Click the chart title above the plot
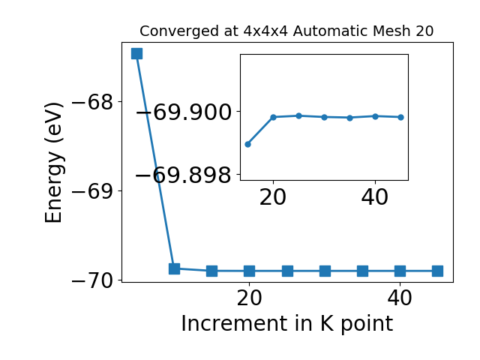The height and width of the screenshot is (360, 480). tap(286, 31)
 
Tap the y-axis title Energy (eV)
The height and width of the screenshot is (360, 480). tap(54, 163)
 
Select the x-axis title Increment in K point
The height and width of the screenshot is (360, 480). tap(287, 324)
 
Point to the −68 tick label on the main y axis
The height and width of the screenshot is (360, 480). tap(92, 102)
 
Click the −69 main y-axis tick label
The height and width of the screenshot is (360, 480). tap(92, 191)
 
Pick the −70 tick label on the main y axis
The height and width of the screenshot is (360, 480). tap(92, 280)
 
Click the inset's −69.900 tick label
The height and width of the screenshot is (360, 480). tap(183, 112)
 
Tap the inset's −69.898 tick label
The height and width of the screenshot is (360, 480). tap(183, 175)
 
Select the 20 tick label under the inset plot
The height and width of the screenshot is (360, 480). tap(273, 197)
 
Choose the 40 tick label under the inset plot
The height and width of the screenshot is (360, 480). tap(375, 197)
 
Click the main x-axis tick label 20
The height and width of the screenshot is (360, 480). tap(250, 298)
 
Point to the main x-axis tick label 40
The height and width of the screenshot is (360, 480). tap(400, 298)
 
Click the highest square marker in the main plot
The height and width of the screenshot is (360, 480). tap(136, 53)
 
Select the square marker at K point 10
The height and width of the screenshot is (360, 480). tap(174, 268)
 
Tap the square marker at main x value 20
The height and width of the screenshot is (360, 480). tap(250, 271)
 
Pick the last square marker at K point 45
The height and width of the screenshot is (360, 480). tap(437, 271)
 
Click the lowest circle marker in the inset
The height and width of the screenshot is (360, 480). tap(248, 144)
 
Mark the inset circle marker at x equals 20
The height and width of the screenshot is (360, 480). tap(273, 117)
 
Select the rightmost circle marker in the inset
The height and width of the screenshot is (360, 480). tap(400, 117)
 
